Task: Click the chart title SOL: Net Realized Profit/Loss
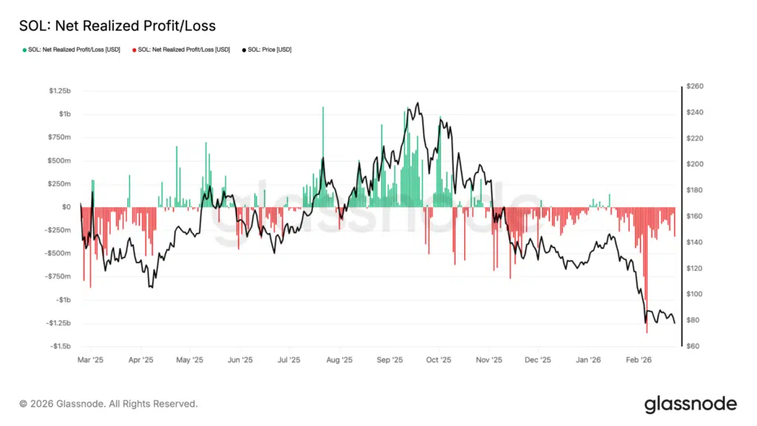tap(117, 26)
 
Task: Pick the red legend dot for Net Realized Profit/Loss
tap(134, 50)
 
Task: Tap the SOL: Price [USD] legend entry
tap(274, 50)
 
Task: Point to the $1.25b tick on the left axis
tap(60, 91)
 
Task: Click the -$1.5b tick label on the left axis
tap(60, 346)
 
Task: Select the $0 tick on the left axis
tap(66, 207)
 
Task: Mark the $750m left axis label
tap(58, 137)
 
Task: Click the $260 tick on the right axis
tap(696, 87)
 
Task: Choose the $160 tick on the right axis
tap(696, 217)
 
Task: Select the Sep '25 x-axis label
tap(390, 360)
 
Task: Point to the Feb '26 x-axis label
tap(639, 360)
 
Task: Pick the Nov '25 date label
tap(489, 360)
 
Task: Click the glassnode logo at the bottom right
tap(690, 404)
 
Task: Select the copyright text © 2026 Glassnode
tap(109, 404)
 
